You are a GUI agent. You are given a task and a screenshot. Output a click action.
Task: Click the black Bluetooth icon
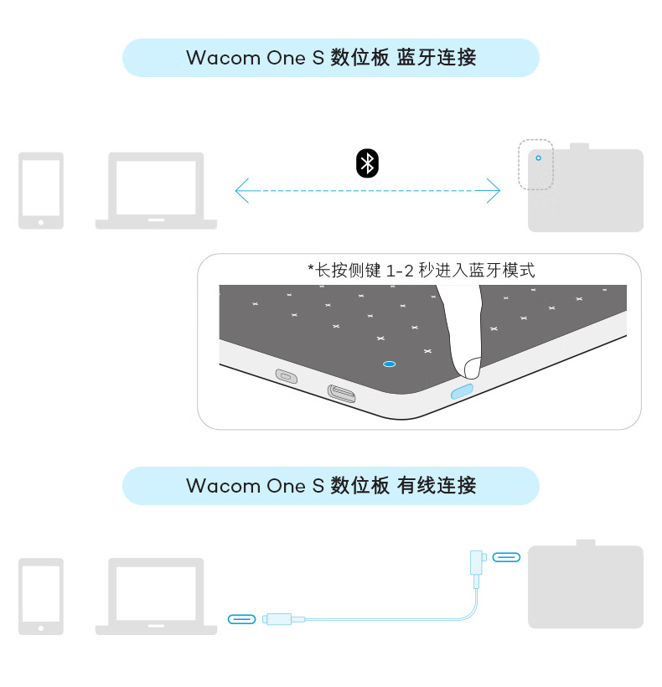coord(367,163)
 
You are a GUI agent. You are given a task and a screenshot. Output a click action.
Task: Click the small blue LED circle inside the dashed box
coord(539,158)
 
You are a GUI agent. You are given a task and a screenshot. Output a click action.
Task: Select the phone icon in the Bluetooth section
coord(41,190)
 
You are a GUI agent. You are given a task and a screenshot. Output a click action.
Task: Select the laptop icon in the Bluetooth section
coord(156,190)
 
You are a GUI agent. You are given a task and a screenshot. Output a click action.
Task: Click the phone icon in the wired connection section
coord(41,597)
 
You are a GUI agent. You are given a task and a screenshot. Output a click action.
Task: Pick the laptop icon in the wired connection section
coord(156,597)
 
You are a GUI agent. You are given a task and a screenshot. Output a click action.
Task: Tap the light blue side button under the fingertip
coord(463,390)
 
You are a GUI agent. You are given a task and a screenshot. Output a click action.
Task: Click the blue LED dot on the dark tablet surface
coord(389,364)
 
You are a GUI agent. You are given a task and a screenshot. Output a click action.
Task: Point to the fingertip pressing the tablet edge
coord(472,368)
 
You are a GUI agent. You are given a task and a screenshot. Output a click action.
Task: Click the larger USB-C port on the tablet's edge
coord(342,393)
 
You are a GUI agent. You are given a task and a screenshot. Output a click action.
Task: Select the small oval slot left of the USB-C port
coord(287,376)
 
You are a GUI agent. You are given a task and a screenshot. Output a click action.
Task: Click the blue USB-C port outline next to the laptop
coord(242,619)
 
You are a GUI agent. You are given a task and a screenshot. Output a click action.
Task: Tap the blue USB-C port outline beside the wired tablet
coord(506,557)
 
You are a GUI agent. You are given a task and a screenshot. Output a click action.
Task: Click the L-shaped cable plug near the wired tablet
coord(476,566)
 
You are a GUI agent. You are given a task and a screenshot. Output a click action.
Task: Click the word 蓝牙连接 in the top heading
coord(437,58)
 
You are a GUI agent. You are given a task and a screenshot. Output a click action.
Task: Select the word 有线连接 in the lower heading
coord(437,486)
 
